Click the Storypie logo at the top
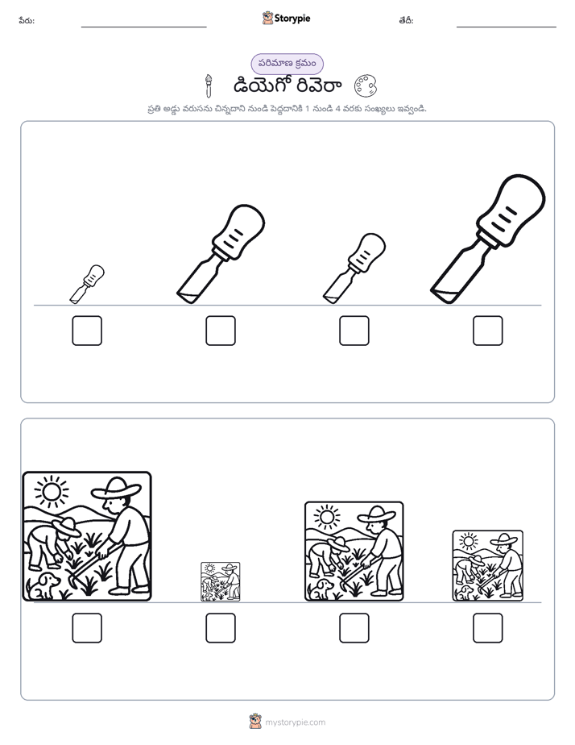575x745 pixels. (286, 18)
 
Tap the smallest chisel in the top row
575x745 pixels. (87, 284)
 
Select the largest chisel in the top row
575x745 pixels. (488, 239)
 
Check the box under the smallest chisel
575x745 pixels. (87, 331)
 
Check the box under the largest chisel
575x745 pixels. (488, 331)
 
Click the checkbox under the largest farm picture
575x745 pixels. (87, 628)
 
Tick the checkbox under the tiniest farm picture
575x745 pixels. (221, 628)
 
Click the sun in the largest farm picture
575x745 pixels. (52, 491)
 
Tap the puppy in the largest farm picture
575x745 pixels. (43, 585)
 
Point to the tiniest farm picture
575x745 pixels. (221, 582)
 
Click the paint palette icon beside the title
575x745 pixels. (366, 86)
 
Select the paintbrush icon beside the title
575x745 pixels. (208, 86)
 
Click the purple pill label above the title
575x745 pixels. (287, 64)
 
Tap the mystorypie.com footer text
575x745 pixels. (295, 722)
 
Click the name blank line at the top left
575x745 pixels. (143, 27)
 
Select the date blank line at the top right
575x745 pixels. (507, 27)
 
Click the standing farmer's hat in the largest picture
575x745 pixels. (116, 489)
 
